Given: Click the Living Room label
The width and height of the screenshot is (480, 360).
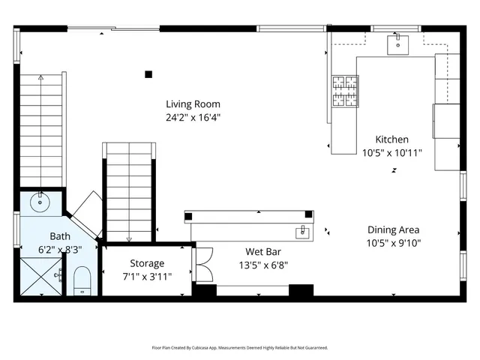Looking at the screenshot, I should click(x=193, y=104).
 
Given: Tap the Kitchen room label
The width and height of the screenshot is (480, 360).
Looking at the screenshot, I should click(x=391, y=139).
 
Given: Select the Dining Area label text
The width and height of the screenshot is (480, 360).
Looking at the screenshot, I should click(x=393, y=230).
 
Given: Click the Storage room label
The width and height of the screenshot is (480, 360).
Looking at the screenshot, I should click(x=147, y=263).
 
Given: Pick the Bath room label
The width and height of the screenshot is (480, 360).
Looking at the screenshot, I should click(x=59, y=235).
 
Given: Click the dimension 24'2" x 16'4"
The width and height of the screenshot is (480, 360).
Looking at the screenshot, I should click(x=193, y=118).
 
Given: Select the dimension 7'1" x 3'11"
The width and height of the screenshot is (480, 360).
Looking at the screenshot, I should click(x=147, y=276).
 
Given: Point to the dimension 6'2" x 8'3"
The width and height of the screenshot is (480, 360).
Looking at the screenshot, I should click(x=59, y=248).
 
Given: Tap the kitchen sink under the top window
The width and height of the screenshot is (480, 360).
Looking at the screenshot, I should click(x=396, y=44).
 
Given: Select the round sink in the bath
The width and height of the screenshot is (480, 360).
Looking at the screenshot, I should click(x=40, y=202).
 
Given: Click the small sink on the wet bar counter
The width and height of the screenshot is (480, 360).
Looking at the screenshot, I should click(x=302, y=230).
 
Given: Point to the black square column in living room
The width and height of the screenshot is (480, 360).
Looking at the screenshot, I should click(x=148, y=73).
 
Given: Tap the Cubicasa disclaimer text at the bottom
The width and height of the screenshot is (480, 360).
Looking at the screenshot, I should click(x=239, y=348).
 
